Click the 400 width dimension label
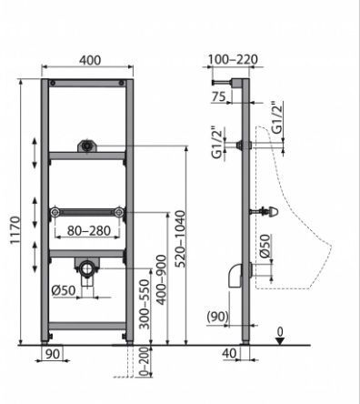pyautogui.click(x=90, y=60)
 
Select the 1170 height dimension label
pyautogui.click(x=15, y=229)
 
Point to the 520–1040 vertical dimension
pyautogui.click(x=180, y=239)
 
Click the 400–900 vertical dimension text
pyautogui.click(x=161, y=279)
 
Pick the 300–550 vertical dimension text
pyautogui.click(x=145, y=304)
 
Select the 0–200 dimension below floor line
pyautogui.click(x=145, y=361)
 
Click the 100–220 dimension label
pyautogui.click(x=233, y=59)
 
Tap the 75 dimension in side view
pyautogui.click(x=218, y=96)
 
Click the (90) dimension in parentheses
pyautogui.click(x=217, y=317)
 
